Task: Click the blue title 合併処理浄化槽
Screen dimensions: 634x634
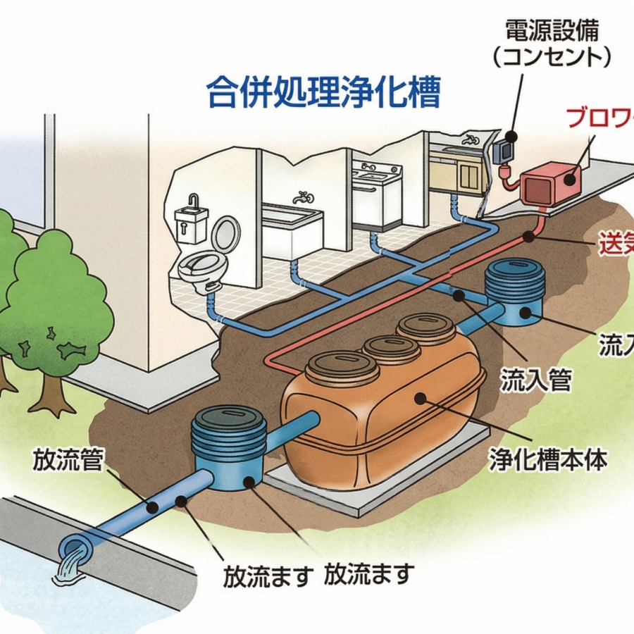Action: [x=323, y=92]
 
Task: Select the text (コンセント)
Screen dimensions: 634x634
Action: [x=552, y=56]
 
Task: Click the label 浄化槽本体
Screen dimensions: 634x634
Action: [x=547, y=460]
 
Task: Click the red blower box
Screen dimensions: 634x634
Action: [x=549, y=182]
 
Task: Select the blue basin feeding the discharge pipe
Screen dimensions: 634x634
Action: [x=230, y=452]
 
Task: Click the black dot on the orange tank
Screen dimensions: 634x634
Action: [x=420, y=399]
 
